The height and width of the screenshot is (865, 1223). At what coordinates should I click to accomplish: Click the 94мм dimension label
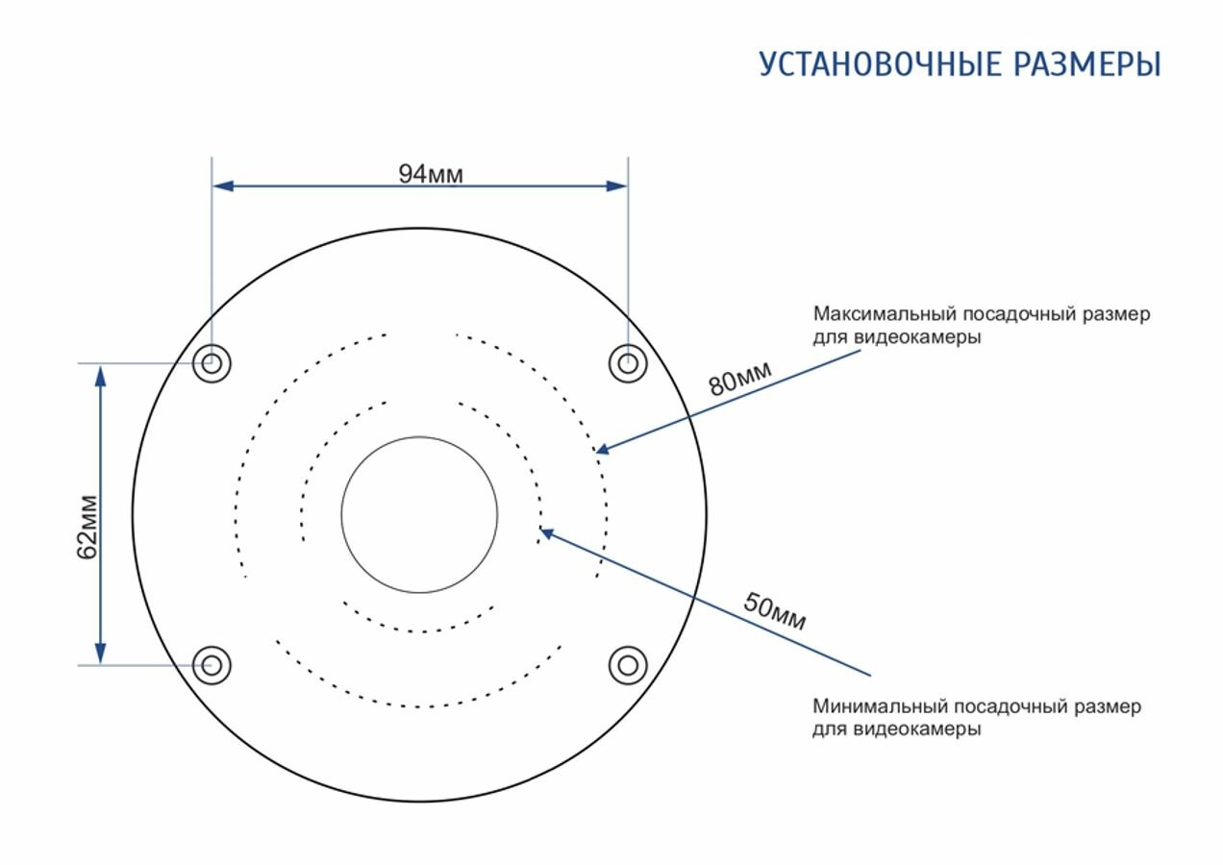431,174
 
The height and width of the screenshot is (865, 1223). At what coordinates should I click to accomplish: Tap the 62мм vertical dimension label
87,526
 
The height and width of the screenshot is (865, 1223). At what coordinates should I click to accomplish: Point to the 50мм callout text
774,612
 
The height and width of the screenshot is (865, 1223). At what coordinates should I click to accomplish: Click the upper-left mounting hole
212,363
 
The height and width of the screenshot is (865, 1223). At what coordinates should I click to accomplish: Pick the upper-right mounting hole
627,363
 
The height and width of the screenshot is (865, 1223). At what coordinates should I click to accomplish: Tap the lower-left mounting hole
212,664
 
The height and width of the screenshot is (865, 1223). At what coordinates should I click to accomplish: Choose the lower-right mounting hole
627,664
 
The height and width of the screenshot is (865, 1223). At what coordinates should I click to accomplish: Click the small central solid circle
419,514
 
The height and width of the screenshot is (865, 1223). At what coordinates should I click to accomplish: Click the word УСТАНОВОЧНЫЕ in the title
876,64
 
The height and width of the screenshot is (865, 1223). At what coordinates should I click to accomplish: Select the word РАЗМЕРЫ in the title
1083,64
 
